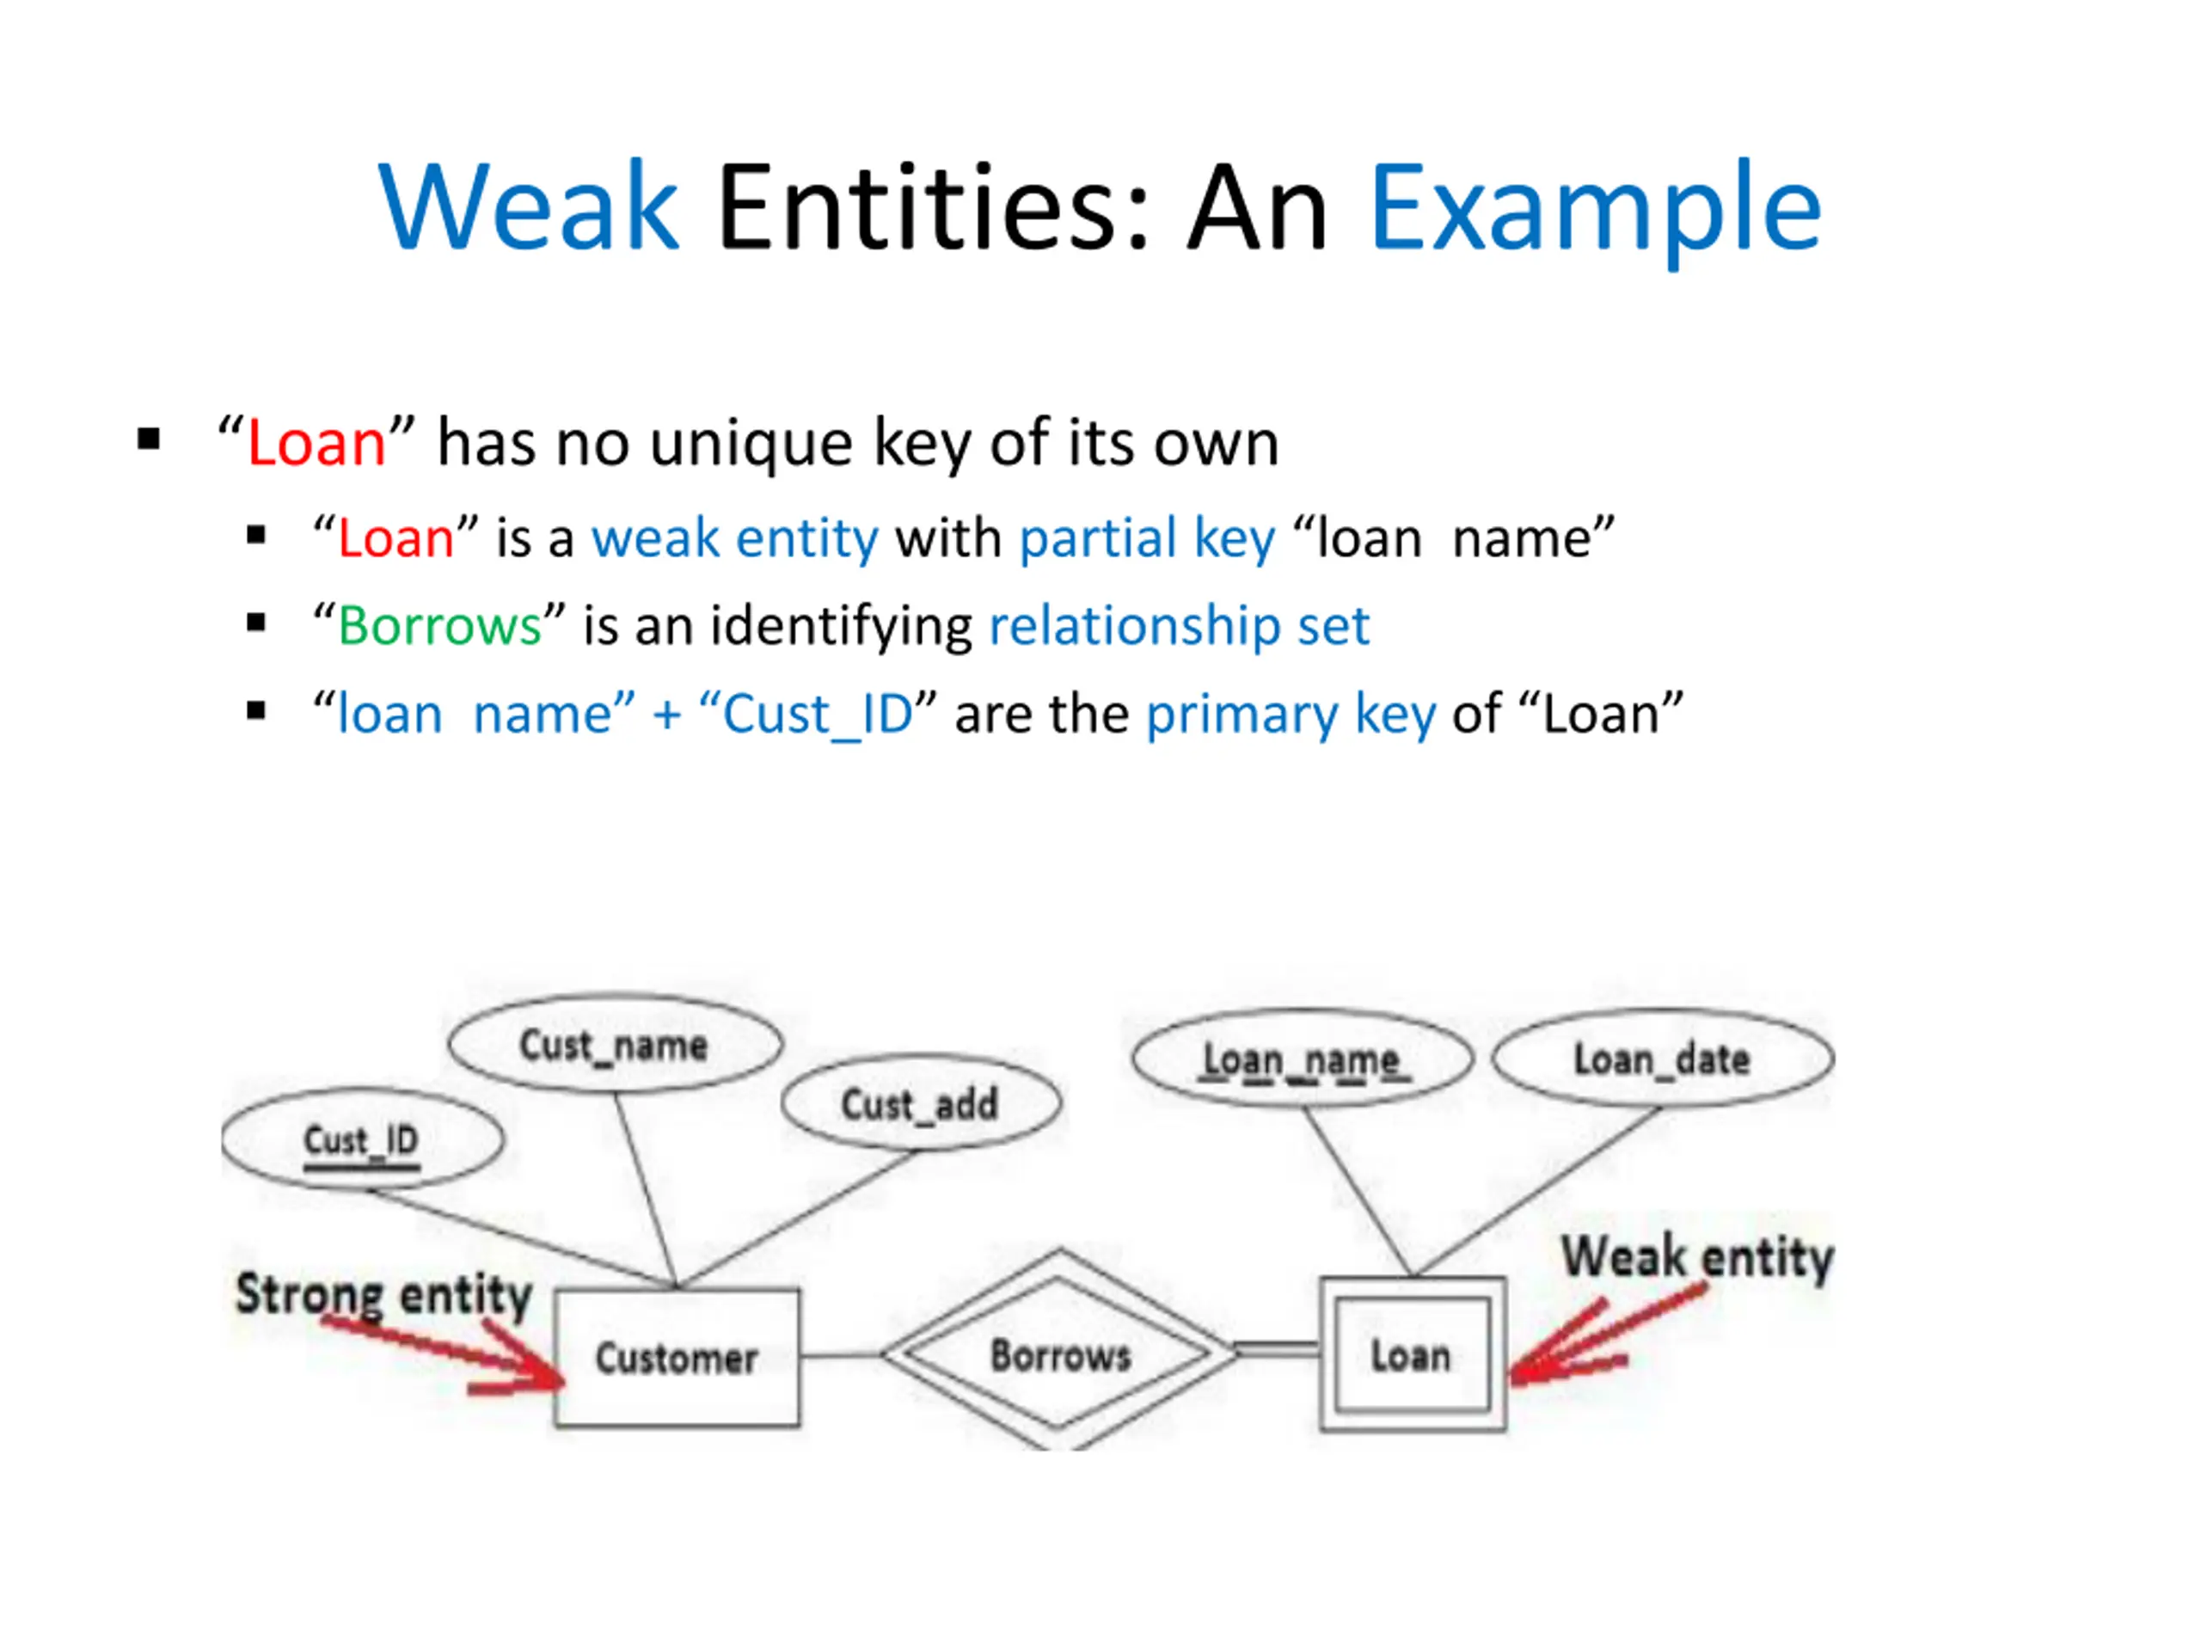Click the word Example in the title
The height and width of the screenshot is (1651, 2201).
1595,209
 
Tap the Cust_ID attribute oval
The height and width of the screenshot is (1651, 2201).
362,1139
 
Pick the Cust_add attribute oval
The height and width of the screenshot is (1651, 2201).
921,1103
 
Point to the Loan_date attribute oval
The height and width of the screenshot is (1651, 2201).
1662,1059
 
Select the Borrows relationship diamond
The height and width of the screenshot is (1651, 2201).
1061,1353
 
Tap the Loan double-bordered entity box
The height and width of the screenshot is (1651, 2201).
1412,1354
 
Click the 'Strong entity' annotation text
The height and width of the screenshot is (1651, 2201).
384,1294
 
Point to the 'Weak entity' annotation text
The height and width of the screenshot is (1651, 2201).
1697,1256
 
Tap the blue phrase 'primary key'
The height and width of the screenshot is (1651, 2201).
1291,715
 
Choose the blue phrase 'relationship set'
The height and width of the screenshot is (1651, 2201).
1179,626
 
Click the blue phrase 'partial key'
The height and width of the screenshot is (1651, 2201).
1146,538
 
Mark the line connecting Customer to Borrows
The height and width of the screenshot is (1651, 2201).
841,1354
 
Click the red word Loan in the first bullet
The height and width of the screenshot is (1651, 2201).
316,443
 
